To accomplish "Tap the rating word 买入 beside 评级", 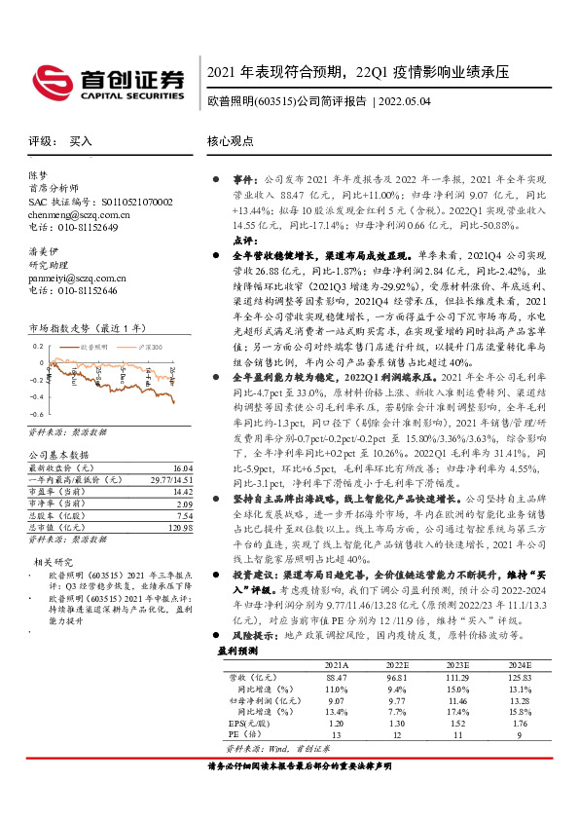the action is point(81,141).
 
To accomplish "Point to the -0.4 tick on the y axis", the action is point(36,397).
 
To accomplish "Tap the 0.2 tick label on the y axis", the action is point(38,346).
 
